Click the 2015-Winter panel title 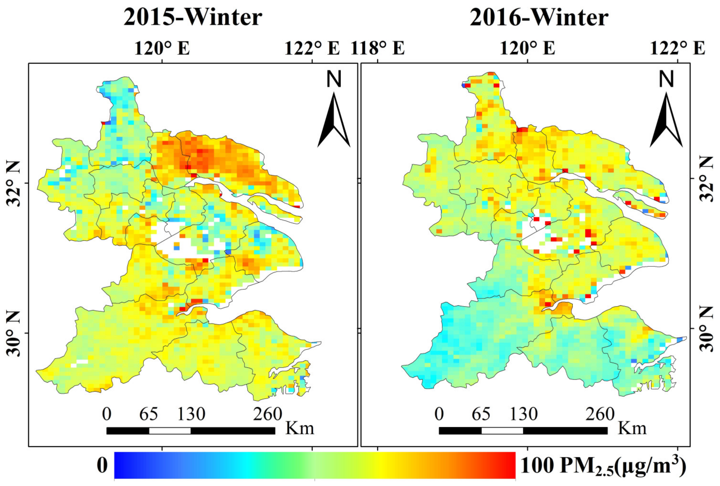coord(193,17)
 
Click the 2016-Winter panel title coord(539,17)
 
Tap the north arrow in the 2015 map coord(334,121)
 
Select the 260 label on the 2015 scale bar coord(267,414)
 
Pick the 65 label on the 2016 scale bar coord(481,414)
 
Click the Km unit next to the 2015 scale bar coord(299,429)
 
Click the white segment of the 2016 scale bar coord(502,431)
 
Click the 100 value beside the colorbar coord(537,465)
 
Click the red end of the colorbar coord(510,465)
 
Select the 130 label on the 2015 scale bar coord(191,414)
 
